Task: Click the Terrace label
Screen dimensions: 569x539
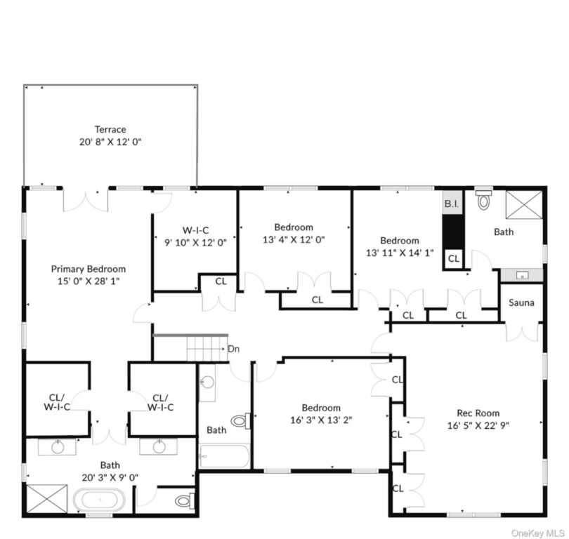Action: pyautogui.click(x=110, y=129)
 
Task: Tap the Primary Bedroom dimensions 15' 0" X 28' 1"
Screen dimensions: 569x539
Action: pyautogui.click(x=89, y=281)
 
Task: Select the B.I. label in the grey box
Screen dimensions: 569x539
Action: pyautogui.click(x=452, y=204)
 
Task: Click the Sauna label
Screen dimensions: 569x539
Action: pyautogui.click(x=521, y=302)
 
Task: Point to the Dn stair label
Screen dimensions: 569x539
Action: pyautogui.click(x=233, y=349)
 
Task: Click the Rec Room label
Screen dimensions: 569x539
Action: pyautogui.click(x=478, y=413)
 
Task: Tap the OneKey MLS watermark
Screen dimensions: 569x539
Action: pyautogui.click(x=538, y=533)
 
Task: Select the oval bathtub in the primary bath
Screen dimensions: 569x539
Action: pyautogui.click(x=100, y=500)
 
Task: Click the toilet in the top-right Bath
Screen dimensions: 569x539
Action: pyautogui.click(x=483, y=200)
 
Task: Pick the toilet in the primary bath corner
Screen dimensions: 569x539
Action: pyautogui.click(x=185, y=501)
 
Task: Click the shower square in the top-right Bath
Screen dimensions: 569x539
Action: pyautogui.click(x=524, y=205)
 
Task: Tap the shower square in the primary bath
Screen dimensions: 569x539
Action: pyautogui.click(x=47, y=499)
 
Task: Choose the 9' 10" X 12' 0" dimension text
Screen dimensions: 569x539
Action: pyautogui.click(x=195, y=243)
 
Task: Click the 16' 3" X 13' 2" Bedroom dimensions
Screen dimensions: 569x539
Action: pyautogui.click(x=321, y=420)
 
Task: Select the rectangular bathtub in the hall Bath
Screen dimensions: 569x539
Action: pyautogui.click(x=224, y=456)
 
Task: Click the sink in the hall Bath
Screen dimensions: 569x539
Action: pyautogui.click(x=207, y=382)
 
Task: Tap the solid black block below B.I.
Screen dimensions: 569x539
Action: pyautogui.click(x=453, y=232)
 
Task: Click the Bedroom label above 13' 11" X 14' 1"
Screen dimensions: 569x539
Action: pyautogui.click(x=400, y=241)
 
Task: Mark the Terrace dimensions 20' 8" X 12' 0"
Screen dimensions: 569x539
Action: pyautogui.click(x=110, y=142)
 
